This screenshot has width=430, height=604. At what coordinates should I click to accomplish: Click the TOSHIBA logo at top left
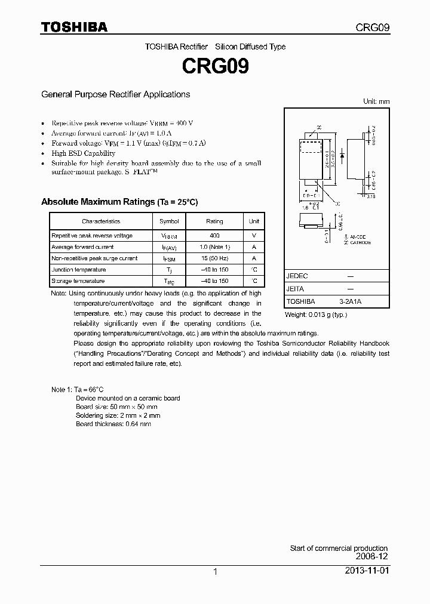[74, 27]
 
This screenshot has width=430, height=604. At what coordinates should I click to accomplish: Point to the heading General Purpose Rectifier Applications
[115, 94]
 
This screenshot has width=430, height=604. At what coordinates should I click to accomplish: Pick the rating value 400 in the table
[214, 236]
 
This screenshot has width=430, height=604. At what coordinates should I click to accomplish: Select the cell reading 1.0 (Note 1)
[214, 247]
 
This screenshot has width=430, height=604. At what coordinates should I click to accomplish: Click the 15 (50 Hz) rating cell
[214, 258]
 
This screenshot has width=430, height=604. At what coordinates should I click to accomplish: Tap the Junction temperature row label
[78, 270]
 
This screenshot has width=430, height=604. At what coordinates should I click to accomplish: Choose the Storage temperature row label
[78, 281]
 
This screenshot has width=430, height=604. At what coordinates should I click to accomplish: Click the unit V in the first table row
[254, 236]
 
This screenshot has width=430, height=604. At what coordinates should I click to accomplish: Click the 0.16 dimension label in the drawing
[370, 195]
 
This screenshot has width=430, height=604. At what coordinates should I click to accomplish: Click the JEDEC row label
[297, 276]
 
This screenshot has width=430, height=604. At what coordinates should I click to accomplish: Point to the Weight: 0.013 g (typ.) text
[315, 315]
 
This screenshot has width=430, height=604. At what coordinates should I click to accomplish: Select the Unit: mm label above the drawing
[376, 101]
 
